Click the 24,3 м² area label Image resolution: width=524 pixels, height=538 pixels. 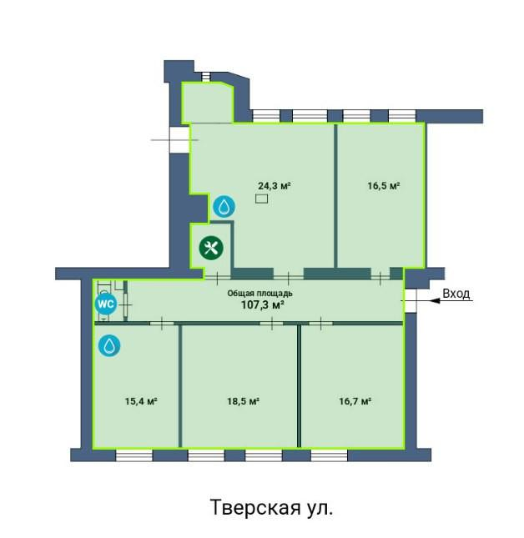[275, 186]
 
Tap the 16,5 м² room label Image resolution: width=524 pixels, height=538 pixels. [384, 186]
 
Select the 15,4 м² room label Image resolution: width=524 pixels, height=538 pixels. [141, 401]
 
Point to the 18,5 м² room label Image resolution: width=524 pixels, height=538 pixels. [243, 401]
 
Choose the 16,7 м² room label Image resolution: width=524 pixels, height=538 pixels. [355, 401]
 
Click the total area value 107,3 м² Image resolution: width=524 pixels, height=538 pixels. [263, 304]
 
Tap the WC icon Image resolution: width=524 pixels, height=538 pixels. [106, 304]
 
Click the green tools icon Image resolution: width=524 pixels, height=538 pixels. [211, 248]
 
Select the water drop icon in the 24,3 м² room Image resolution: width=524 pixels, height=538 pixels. [224, 207]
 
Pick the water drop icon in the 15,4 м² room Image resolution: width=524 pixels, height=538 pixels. [109, 345]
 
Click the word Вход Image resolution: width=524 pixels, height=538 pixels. [456, 294]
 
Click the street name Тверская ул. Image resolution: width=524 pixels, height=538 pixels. [271, 508]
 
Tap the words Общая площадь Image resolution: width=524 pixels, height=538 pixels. [259, 294]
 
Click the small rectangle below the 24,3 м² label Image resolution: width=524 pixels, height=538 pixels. [261, 199]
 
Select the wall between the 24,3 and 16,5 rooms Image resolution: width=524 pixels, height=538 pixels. [335, 195]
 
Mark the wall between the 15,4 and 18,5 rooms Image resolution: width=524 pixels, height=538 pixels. [180, 386]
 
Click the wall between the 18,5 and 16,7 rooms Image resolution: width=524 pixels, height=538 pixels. [299, 386]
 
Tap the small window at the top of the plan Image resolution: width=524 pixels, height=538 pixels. [205, 77]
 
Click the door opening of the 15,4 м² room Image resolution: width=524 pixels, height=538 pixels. [162, 323]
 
